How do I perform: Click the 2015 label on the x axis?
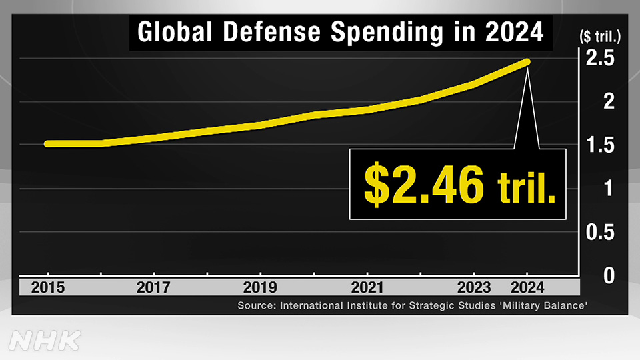[x=47, y=288]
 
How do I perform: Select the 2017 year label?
[x=154, y=288]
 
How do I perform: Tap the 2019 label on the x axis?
[x=260, y=288]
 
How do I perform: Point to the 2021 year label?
[x=367, y=288]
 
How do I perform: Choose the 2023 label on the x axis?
[x=473, y=288]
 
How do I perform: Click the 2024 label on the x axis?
[x=527, y=288]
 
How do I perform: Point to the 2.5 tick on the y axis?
[x=601, y=59]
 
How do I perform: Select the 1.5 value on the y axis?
[x=601, y=145]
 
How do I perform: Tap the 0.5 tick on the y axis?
[x=601, y=233]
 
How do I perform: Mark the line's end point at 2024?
[x=527, y=62]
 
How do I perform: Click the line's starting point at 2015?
[x=47, y=143]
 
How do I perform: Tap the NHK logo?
[x=45, y=341]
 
